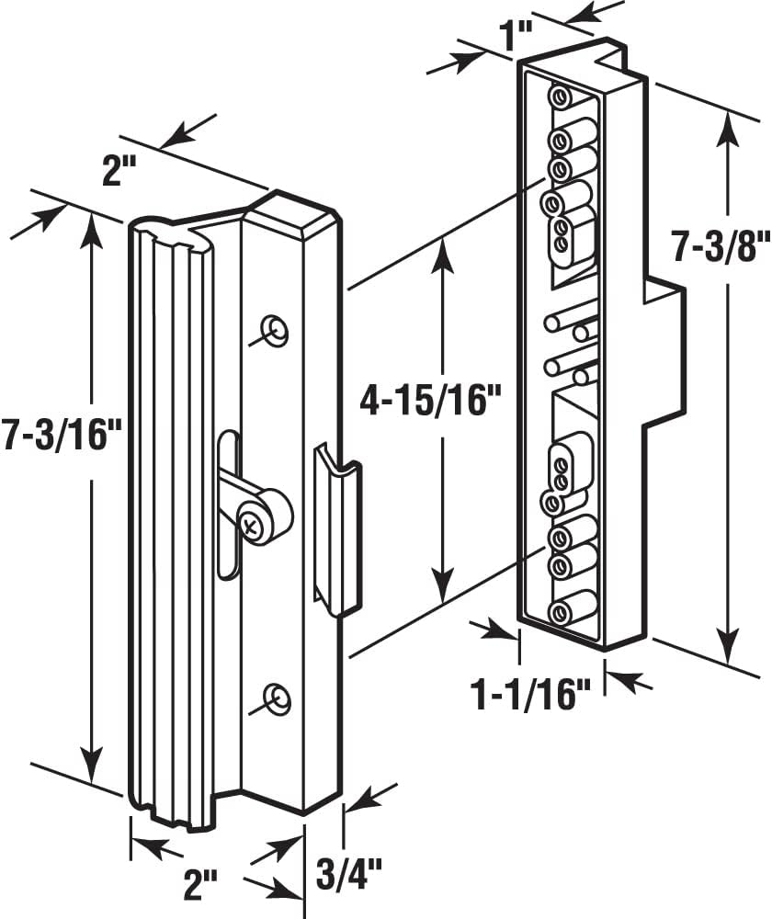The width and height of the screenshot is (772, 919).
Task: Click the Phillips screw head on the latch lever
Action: click(x=252, y=524)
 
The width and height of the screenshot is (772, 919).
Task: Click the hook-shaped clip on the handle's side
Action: click(x=337, y=528)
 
